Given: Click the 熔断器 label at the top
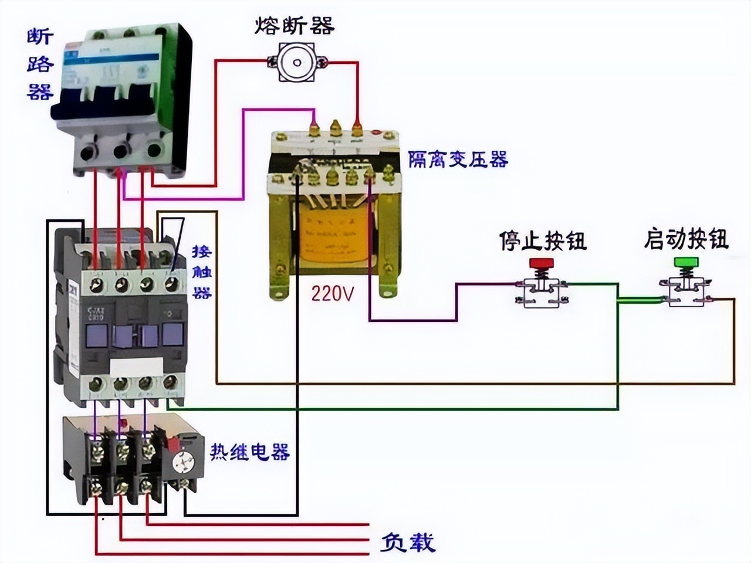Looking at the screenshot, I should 294,25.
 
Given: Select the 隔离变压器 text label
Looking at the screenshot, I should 458,159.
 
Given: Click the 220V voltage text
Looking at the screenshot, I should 333,293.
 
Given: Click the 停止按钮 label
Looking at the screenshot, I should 543,240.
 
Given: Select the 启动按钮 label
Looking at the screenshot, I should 686,239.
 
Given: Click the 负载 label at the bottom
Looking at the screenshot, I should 408,542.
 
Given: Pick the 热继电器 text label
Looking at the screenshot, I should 250,452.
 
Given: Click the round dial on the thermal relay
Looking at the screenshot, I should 183,463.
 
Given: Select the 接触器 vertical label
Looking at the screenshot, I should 202,272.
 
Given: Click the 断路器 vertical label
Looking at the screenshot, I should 40,65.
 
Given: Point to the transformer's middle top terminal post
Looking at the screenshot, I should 335,128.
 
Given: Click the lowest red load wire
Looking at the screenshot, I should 235,554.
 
